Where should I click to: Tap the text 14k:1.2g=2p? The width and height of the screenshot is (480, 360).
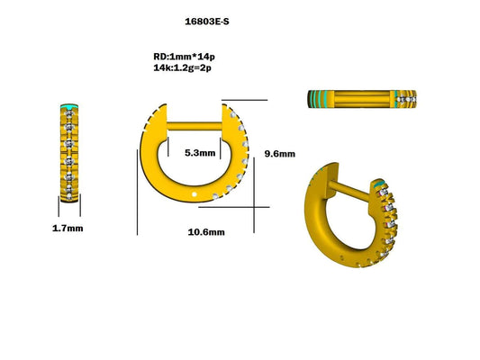[x=186, y=67]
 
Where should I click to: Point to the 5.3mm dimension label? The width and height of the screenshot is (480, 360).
[x=199, y=153]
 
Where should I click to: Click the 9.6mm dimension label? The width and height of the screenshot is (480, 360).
[x=279, y=154]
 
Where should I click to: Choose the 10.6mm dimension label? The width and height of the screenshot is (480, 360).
[x=205, y=232]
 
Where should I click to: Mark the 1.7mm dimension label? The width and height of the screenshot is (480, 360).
[x=68, y=229]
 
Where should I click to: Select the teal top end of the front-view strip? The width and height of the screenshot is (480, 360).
[x=68, y=104]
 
